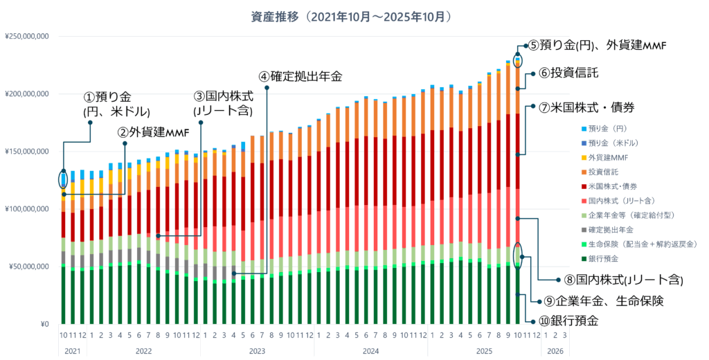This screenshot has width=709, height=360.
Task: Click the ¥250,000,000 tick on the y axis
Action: click(27, 36)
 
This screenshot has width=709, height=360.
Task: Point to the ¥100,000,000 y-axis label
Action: click(27, 209)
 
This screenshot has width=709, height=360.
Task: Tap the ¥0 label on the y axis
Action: click(44, 324)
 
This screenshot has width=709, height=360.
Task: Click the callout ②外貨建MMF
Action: click(153, 132)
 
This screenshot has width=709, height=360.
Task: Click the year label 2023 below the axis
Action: click(256, 351)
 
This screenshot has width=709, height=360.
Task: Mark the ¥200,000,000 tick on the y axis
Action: click(27, 93)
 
